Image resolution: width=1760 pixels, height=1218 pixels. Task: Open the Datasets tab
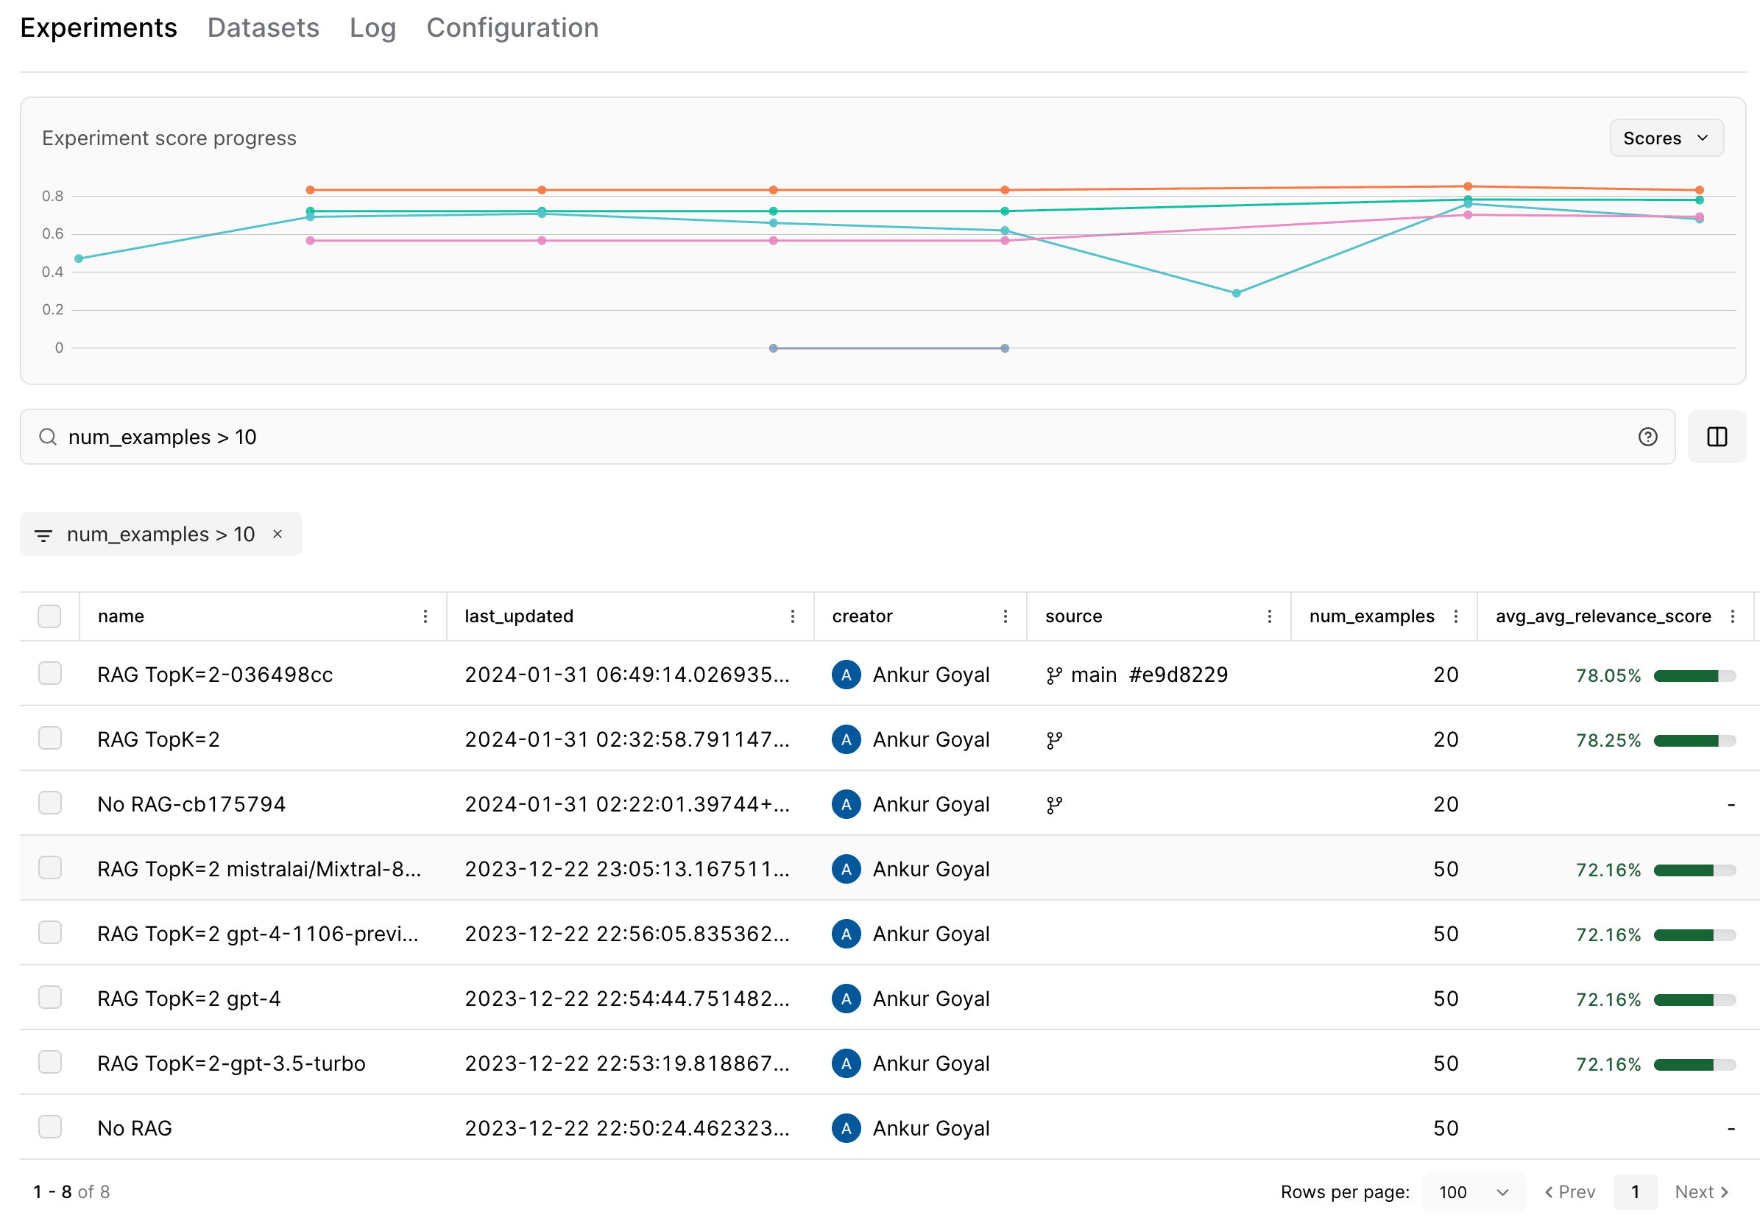tap(263, 28)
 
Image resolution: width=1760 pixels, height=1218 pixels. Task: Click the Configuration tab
tap(511, 28)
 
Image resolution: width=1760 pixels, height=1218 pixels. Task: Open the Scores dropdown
tap(1664, 138)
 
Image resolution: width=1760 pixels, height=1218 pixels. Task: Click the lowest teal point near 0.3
tap(1235, 293)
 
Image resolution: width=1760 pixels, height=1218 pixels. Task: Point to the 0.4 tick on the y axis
tap(53, 272)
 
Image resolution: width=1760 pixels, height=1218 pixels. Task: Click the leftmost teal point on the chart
tap(79, 258)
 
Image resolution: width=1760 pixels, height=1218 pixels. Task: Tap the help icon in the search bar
tap(1647, 437)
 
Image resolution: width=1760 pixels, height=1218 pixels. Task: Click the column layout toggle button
tap(1716, 437)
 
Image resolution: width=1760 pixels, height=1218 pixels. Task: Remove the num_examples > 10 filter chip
tap(278, 534)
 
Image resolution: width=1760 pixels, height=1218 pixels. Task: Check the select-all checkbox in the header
tap(49, 616)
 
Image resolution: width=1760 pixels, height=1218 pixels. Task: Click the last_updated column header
tap(519, 616)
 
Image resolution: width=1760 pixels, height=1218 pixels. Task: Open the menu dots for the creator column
tap(1005, 616)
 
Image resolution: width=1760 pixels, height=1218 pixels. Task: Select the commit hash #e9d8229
tap(1177, 675)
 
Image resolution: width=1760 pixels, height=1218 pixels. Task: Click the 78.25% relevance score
tap(1608, 740)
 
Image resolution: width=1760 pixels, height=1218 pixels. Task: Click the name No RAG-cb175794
tap(191, 804)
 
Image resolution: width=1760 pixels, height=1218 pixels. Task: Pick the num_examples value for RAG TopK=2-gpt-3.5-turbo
tap(1445, 1063)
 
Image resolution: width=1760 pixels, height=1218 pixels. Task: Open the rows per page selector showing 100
tap(1472, 1191)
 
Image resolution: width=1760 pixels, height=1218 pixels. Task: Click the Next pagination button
tap(1700, 1191)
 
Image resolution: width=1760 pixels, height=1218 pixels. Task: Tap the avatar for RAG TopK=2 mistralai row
tap(845, 869)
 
